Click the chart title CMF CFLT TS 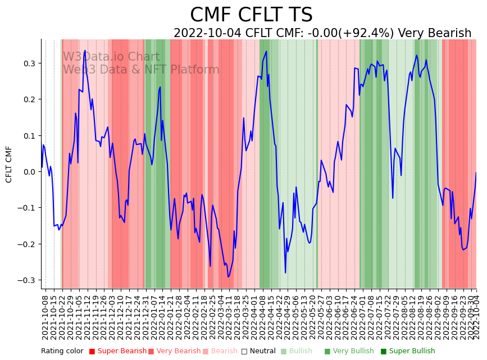(251, 15)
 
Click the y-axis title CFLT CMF (9, 164)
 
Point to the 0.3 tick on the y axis (30, 63)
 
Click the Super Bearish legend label (122, 351)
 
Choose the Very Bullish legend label (353, 351)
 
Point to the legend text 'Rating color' (62, 351)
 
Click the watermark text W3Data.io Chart (111, 57)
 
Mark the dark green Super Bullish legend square (384, 352)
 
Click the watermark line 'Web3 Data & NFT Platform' (141, 70)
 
